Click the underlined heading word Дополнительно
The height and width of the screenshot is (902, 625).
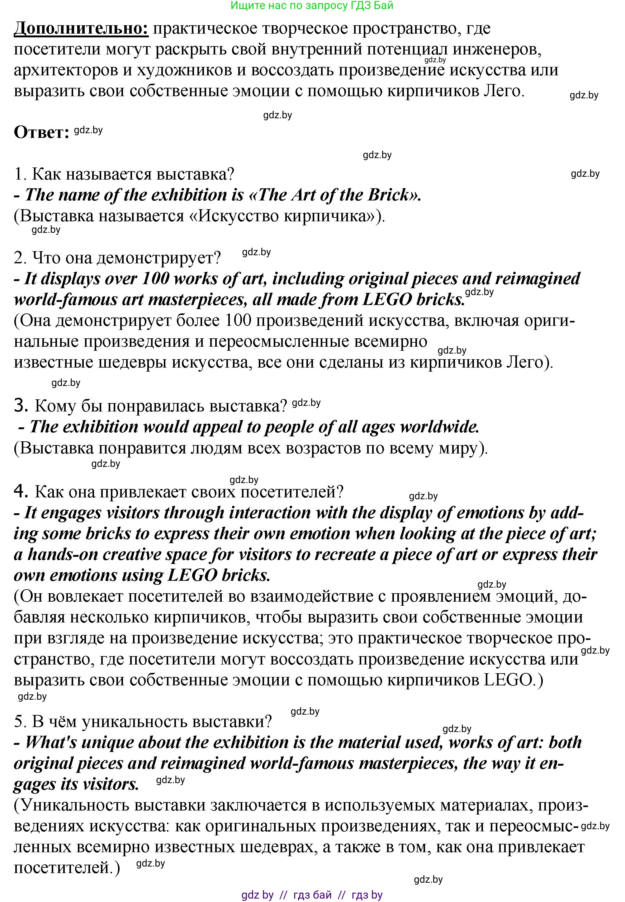pyautogui.click(x=81, y=29)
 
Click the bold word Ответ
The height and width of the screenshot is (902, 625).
pyautogui.click(x=41, y=133)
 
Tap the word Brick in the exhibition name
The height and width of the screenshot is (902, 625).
pyautogui.click(x=388, y=195)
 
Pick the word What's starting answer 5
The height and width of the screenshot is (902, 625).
pyautogui.click(x=51, y=743)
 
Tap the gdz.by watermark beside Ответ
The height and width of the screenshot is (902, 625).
pyautogui.click(x=88, y=130)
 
